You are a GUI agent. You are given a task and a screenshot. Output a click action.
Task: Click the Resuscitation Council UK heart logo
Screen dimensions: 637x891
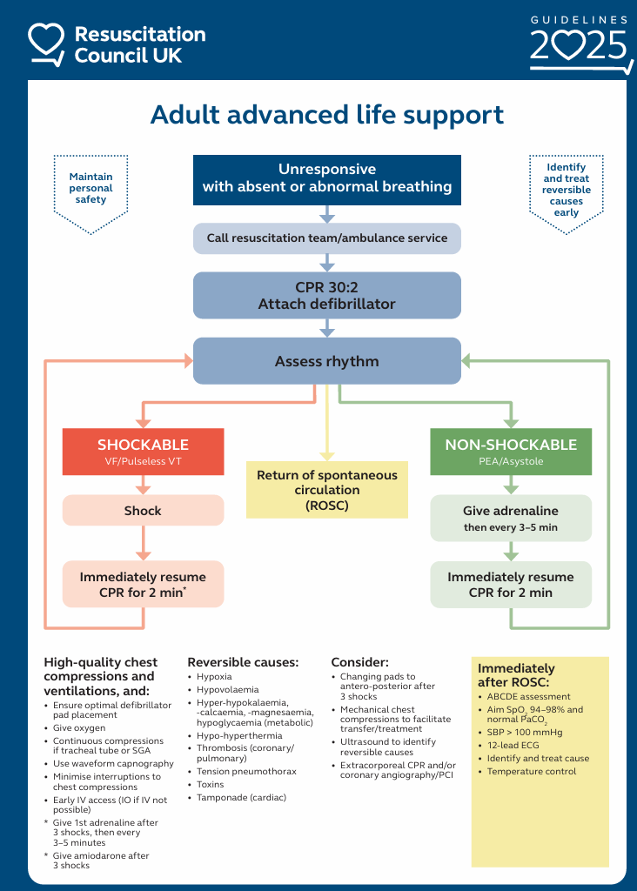[x=46, y=44]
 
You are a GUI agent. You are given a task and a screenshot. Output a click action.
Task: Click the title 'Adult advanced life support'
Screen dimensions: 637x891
[x=326, y=116]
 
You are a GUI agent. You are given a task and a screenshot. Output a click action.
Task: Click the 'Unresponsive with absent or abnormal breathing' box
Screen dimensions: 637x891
[x=326, y=179]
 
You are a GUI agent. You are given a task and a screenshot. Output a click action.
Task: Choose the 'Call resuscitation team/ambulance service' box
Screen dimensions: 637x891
[x=326, y=238]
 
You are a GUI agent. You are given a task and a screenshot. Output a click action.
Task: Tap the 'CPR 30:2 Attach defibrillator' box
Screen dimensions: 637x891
[x=326, y=296]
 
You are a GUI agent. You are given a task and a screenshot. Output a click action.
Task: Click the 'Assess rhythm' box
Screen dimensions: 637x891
[x=326, y=361]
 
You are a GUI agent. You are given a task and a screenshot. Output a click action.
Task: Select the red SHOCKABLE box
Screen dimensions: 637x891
[x=144, y=452]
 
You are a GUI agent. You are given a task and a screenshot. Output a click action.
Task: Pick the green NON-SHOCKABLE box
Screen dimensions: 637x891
[x=511, y=452]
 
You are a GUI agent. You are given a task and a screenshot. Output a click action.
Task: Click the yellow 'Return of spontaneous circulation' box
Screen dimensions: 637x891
[x=326, y=490]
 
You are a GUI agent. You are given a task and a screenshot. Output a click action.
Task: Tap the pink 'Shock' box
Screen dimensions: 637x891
[x=144, y=510]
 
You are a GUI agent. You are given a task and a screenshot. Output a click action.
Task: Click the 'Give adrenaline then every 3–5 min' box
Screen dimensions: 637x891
[x=511, y=519]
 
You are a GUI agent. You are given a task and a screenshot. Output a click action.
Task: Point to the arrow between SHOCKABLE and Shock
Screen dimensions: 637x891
[x=144, y=485]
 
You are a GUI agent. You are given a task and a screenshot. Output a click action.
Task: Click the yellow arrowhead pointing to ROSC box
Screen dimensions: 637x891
[x=326, y=456]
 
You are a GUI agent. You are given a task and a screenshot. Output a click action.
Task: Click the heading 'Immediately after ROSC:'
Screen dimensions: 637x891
[x=516, y=675]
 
